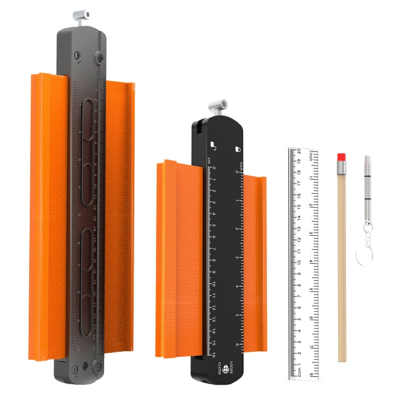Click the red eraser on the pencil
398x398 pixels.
[342, 157]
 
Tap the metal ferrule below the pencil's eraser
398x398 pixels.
[342, 167]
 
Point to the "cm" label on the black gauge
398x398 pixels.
[209, 160]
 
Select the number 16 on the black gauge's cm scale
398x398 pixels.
[213, 355]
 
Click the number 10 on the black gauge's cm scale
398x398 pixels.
[213, 284]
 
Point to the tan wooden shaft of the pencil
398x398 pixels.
[342, 265]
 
